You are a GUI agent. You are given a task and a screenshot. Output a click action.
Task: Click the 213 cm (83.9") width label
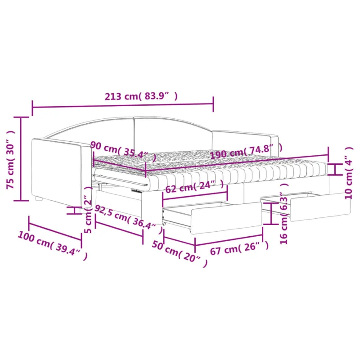point(141,96)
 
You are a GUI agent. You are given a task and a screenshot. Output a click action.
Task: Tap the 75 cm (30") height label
point(10,160)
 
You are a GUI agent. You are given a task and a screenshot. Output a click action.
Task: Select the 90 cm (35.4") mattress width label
point(123,152)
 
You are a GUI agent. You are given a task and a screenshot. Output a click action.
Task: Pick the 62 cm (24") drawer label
point(194,186)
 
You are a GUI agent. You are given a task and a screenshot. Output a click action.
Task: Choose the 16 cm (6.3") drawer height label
point(284,213)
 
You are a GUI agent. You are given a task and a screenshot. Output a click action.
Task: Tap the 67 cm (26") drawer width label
point(239,248)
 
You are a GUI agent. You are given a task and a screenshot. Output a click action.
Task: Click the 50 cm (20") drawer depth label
point(180,254)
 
